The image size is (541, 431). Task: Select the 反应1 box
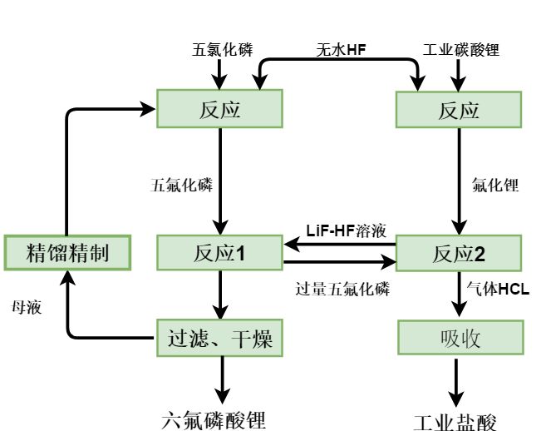[220, 252]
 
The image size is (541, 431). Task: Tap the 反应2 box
[459, 252]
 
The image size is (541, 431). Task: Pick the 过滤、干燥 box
[220, 339]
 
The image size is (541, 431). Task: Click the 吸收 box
[459, 339]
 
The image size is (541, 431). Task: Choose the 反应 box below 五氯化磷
[220, 109]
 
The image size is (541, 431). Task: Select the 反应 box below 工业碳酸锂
[459, 109]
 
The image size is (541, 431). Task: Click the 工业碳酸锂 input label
[459, 50]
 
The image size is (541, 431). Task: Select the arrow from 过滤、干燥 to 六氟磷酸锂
[221, 379]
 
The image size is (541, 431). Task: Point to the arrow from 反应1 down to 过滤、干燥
[221, 294]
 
